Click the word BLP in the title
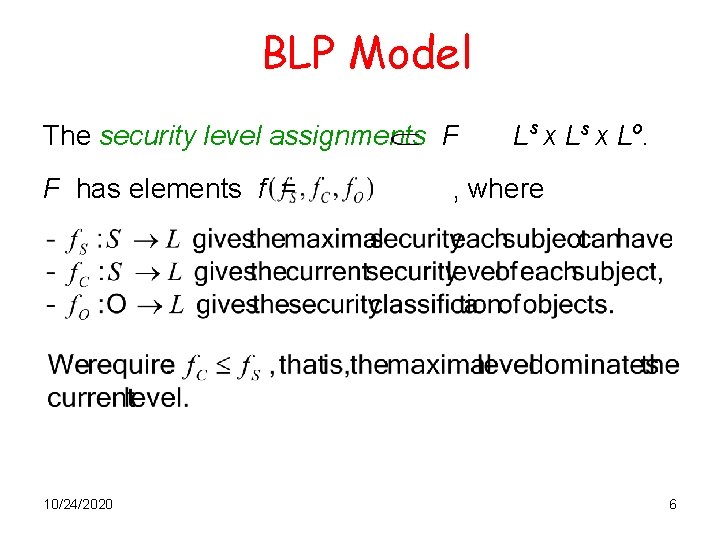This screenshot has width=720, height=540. (300, 54)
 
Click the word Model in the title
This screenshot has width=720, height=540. (411, 54)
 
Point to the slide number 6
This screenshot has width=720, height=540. (673, 505)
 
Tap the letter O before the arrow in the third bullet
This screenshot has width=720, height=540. (116, 304)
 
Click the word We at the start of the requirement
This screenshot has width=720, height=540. (66, 366)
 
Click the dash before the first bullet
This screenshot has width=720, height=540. (50, 241)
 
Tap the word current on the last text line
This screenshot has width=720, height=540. (82, 398)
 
